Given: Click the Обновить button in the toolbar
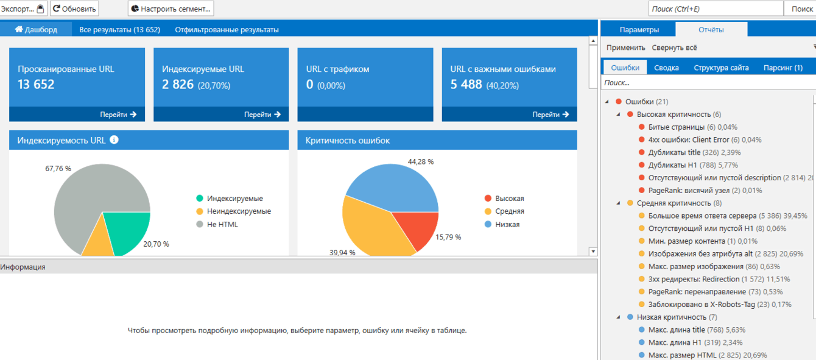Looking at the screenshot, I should [74, 9].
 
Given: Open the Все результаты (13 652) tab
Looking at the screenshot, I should [119, 29].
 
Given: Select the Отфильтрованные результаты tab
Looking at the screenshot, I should [227, 29].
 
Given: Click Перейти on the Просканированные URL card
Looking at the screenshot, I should [118, 114].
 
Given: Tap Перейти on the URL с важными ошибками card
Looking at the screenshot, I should [550, 114].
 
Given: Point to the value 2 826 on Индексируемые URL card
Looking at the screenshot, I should [178, 85].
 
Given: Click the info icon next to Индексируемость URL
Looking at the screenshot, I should [114, 140].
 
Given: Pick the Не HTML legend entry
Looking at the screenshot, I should [222, 224].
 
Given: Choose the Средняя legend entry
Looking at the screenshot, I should [509, 211].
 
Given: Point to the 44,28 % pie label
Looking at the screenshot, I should [421, 161].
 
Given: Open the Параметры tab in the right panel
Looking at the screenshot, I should [639, 29].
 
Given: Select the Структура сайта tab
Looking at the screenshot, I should [721, 68].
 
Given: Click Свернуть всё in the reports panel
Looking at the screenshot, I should [674, 48].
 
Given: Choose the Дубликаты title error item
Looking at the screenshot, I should [674, 152].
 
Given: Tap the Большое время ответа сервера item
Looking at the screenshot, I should [702, 216].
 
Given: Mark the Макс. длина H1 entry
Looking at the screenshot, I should [673, 342].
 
